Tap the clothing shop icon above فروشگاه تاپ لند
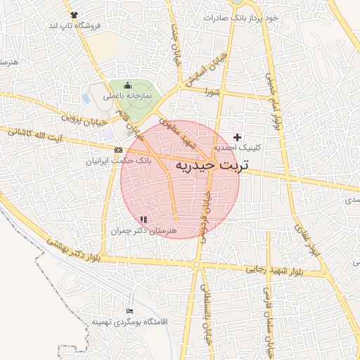pyautogui.click(x=75, y=14)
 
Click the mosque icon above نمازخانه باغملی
pyautogui.click(x=127, y=86)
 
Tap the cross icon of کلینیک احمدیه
pyautogui.click(x=237, y=137)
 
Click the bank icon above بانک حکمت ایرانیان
pyautogui.click(x=118, y=150)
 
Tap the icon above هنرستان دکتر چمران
pyautogui.click(x=144, y=220)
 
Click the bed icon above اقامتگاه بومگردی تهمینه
pyautogui.click(x=129, y=311)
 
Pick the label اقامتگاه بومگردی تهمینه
pyautogui.click(x=127, y=321)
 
